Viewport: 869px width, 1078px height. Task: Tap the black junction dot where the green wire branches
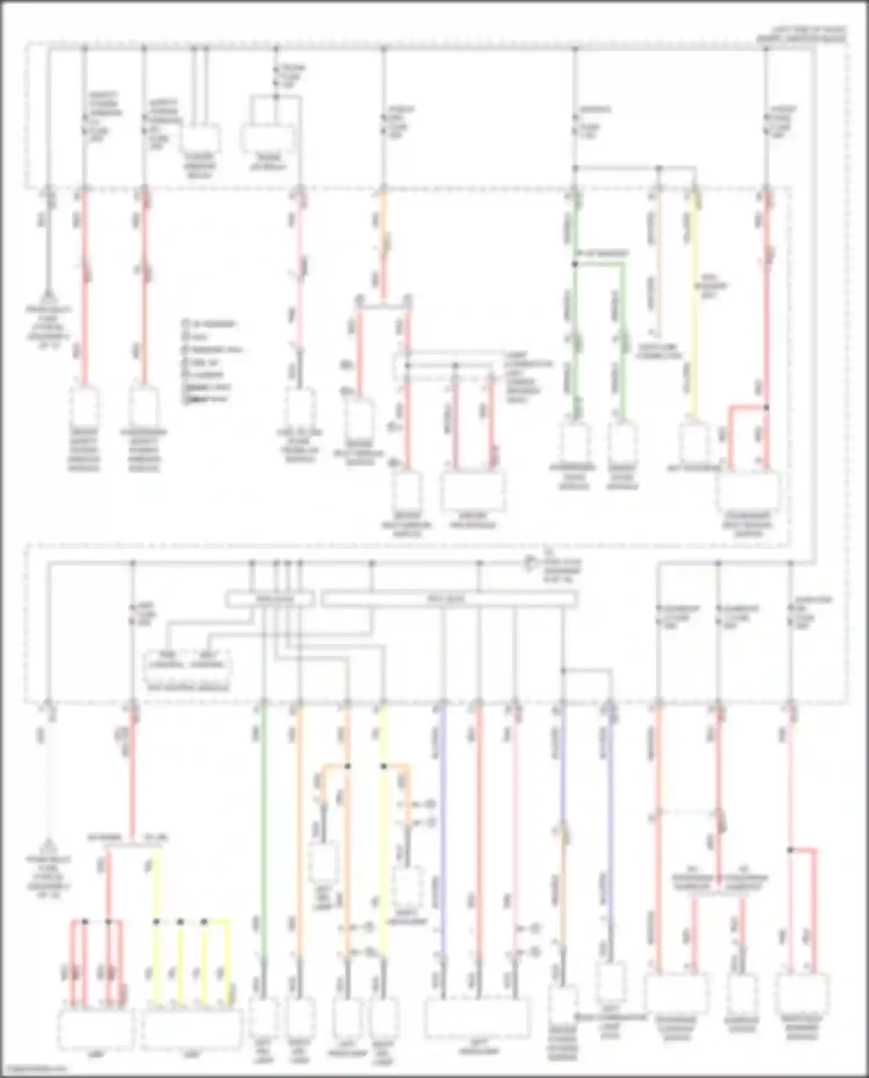tap(575, 264)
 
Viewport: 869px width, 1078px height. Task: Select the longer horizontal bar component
tap(449, 599)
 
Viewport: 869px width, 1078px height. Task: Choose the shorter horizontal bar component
tap(270, 599)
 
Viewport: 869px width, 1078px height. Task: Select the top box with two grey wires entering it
tap(200, 138)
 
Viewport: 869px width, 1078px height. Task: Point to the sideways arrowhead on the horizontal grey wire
tap(529, 562)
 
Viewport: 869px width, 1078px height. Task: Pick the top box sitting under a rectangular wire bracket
tap(266, 140)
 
